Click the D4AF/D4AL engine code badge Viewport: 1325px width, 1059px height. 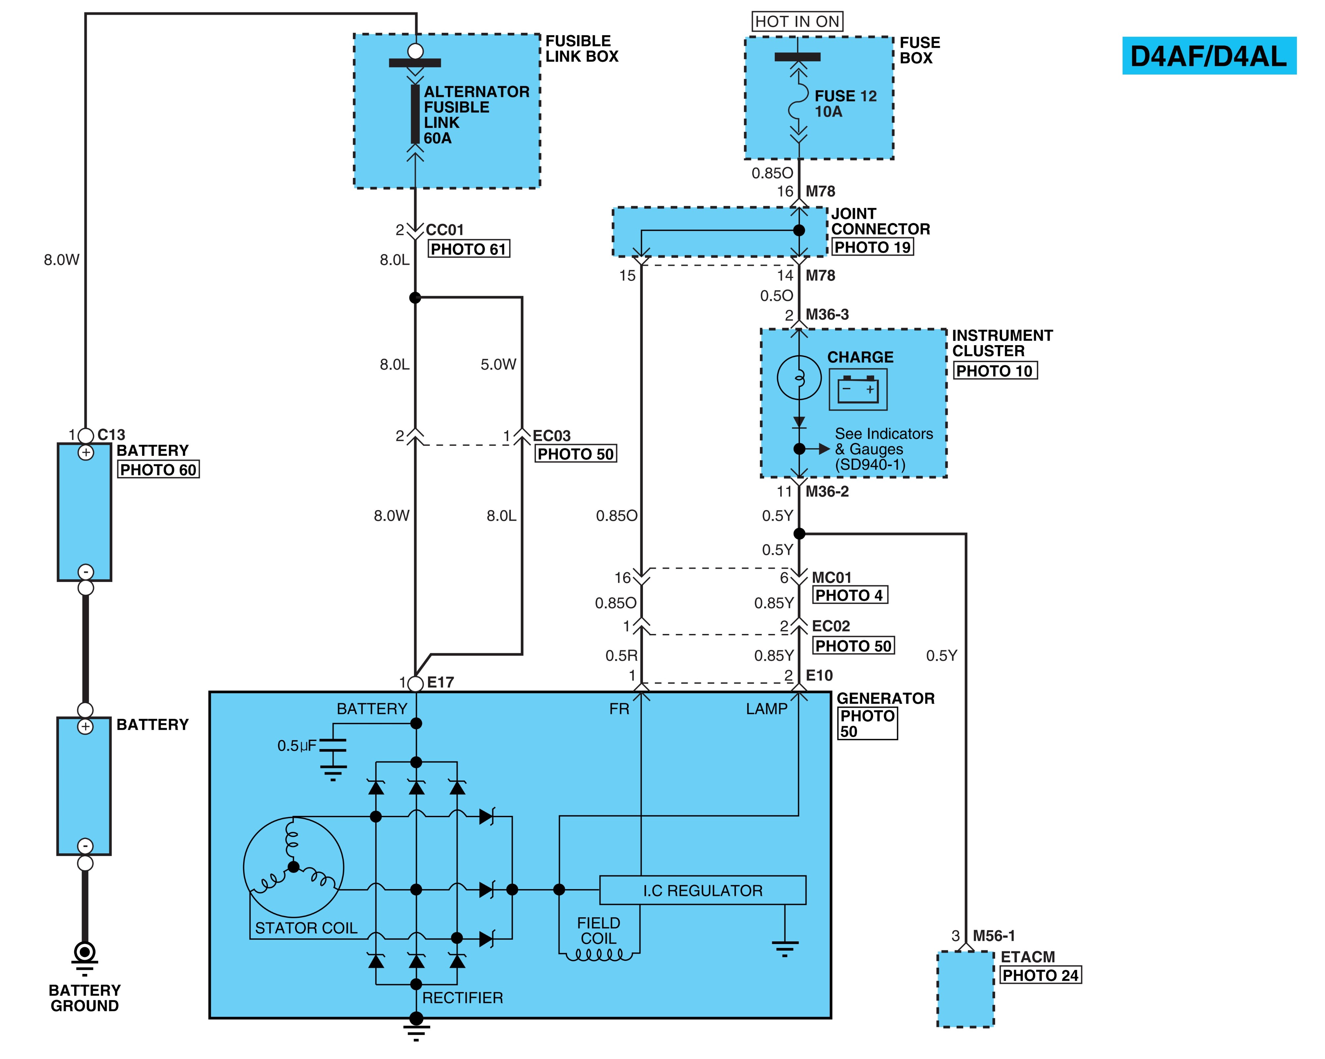(x=1209, y=56)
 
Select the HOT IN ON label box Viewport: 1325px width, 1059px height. (x=797, y=22)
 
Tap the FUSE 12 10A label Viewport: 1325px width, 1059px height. (x=845, y=104)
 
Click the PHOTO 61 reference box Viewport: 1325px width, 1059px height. (x=468, y=249)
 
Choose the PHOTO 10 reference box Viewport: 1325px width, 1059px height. (x=995, y=371)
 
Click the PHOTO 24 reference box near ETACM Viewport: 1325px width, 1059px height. (x=1040, y=976)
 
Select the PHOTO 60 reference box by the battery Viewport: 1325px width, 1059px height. (x=158, y=470)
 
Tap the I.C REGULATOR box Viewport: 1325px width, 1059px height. (x=703, y=890)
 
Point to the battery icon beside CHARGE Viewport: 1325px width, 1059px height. (x=858, y=390)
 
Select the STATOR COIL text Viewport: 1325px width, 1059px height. (x=306, y=928)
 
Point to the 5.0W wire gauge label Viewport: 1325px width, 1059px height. (x=499, y=364)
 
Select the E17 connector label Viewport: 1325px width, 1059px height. (x=441, y=682)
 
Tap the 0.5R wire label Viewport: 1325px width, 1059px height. (x=621, y=656)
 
